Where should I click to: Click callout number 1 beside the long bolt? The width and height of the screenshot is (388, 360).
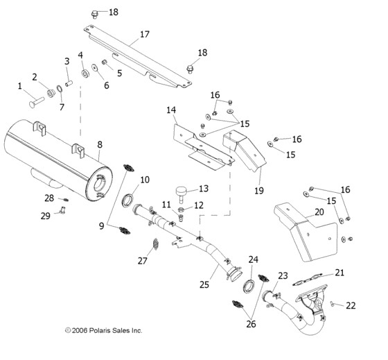(x=20, y=86)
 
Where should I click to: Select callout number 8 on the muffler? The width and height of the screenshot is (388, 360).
(x=100, y=144)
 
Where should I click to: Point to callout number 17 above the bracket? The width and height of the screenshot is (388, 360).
(x=144, y=33)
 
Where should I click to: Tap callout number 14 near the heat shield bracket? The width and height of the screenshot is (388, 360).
(x=171, y=110)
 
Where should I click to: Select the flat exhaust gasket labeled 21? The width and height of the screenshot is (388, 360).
(x=323, y=282)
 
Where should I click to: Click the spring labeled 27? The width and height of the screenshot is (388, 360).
(x=156, y=244)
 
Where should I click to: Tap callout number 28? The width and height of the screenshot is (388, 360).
(x=49, y=198)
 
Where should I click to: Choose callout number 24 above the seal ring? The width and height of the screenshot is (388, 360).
(x=254, y=259)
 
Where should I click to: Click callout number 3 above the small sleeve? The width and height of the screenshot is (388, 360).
(x=67, y=61)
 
